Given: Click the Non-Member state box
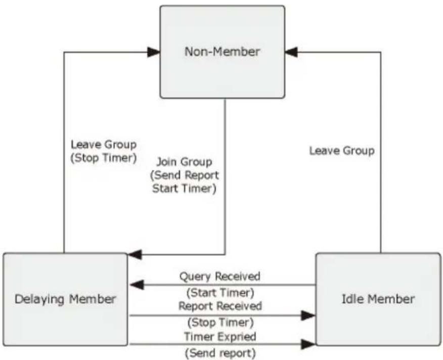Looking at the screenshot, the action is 223,52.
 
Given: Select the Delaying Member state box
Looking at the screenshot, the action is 65,299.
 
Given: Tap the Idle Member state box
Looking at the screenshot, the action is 378,299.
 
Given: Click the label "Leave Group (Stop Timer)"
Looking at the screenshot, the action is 104,151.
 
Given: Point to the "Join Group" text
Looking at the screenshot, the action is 185,162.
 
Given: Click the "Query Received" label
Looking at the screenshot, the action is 220,277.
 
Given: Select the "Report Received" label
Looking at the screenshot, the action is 220,306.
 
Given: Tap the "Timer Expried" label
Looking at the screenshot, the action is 220,337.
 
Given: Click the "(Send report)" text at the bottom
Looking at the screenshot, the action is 220,353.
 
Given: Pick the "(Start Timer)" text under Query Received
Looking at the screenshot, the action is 220,293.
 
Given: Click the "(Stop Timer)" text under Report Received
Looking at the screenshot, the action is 220,323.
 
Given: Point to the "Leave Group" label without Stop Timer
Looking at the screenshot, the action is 342,151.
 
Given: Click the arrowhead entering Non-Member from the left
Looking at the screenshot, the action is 154,52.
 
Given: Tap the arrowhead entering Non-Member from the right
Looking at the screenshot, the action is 291,52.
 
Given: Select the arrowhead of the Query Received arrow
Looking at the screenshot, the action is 137,285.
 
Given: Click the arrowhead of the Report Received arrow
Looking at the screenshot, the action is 308,316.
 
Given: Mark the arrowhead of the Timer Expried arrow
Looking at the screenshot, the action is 308,344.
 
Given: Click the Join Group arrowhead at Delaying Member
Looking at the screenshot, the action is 135,255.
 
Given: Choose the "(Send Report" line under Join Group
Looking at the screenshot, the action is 185,175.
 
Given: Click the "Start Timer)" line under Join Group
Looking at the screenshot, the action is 185,189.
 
